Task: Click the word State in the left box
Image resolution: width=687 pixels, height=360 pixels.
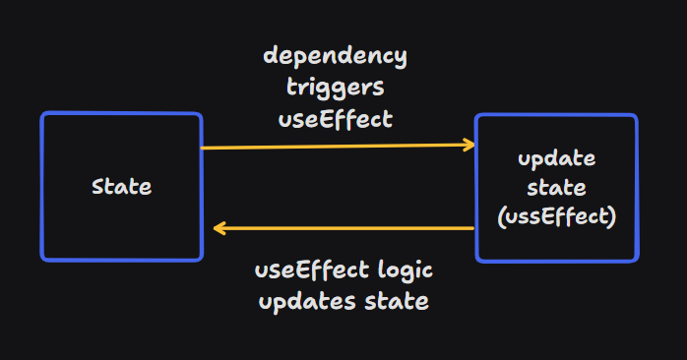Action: click(121, 187)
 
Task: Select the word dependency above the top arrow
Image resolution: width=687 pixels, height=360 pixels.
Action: click(335, 55)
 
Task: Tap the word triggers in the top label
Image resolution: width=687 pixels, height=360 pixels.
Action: click(335, 87)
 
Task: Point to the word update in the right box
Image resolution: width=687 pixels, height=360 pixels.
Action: click(556, 159)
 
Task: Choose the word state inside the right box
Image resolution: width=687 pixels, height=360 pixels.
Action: click(556, 187)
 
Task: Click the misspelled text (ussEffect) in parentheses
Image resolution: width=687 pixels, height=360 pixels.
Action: click(556, 215)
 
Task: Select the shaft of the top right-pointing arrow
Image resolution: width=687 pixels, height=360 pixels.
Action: click(335, 147)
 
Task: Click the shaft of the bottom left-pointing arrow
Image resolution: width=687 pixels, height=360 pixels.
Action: click(344, 228)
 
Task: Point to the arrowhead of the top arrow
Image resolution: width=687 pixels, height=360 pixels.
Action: click(469, 145)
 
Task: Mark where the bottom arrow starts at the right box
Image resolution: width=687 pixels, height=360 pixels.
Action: click(473, 228)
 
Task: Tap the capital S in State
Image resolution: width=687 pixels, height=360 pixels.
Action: click(96, 187)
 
